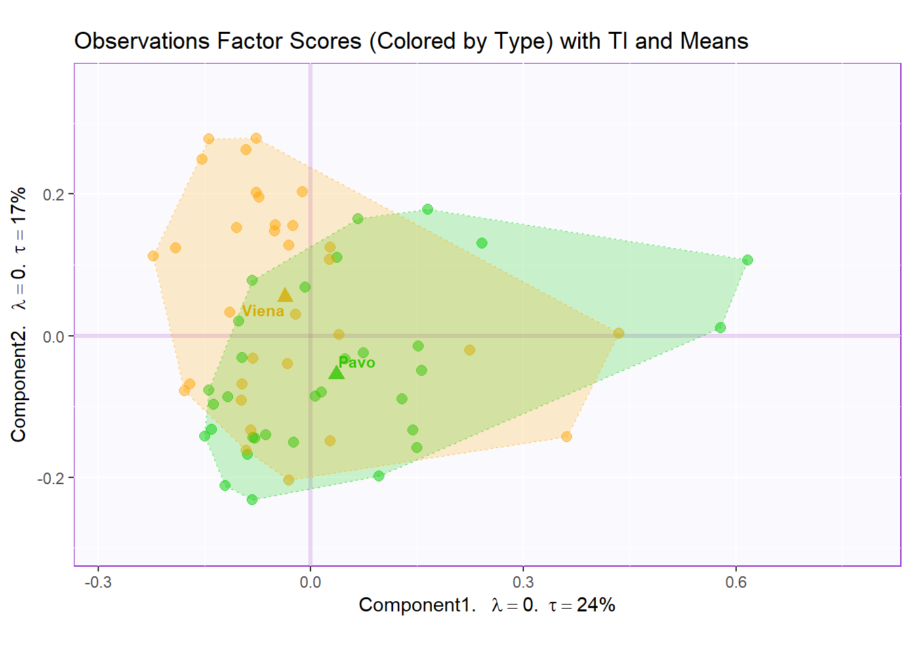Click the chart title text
[x=411, y=41]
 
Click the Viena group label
[x=263, y=311]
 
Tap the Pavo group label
[x=357, y=362]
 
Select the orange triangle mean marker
[x=285, y=295]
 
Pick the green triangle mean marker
[x=336, y=372]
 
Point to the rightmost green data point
[x=747, y=260]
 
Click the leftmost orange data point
[x=153, y=256]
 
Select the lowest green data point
[x=252, y=500]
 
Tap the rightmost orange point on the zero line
[x=619, y=333]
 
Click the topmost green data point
[x=428, y=209]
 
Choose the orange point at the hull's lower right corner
[x=567, y=437]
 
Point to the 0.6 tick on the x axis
[x=736, y=582]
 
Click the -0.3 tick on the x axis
[x=98, y=582]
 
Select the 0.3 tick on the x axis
[x=523, y=582]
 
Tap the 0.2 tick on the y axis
[x=54, y=194]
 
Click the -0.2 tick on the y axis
[x=51, y=478]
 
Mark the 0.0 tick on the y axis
[x=54, y=337]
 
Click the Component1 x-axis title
[x=487, y=605]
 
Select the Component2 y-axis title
[x=19, y=314]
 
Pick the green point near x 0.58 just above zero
[x=721, y=328]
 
